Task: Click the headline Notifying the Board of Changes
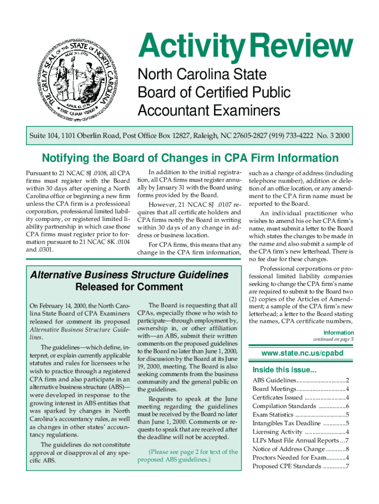click(x=190, y=158)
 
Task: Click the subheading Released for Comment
click(x=129, y=287)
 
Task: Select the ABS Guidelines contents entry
click(x=300, y=380)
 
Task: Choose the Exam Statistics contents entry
click(x=300, y=414)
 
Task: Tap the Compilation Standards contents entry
click(x=300, y=406)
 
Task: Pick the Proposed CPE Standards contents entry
click(x=300, y=466)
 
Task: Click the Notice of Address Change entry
click(x=300, y=449)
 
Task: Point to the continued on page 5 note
click(x=333, y=339)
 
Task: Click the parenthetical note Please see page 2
click(x=188, y=456)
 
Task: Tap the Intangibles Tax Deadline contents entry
click(x=300, y=423)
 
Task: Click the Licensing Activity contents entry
click(x=300, y=432)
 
